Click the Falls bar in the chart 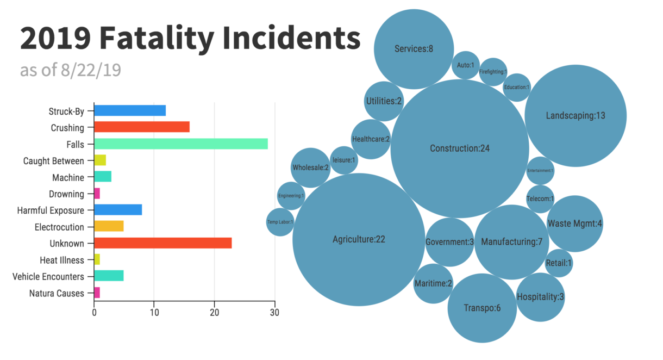[180, 144]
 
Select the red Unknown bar [162, 243]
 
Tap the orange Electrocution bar [109, 227]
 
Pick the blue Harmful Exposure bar [118, 210]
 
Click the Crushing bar [141, 127]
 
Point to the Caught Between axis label [54, 161]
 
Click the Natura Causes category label [57, 293]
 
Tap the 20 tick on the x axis [214, 313]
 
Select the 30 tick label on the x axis [274, 313]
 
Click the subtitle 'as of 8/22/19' [70, 70]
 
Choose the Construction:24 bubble [460, 148]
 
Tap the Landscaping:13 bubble [576, 115]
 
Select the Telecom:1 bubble [540, 198]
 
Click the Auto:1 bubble [465, 65]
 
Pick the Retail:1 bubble [559, 263]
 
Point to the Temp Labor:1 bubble [280, 222]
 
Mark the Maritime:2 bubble [433, 283]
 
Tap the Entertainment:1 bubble [540, 170]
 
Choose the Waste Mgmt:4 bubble [574, 224]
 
